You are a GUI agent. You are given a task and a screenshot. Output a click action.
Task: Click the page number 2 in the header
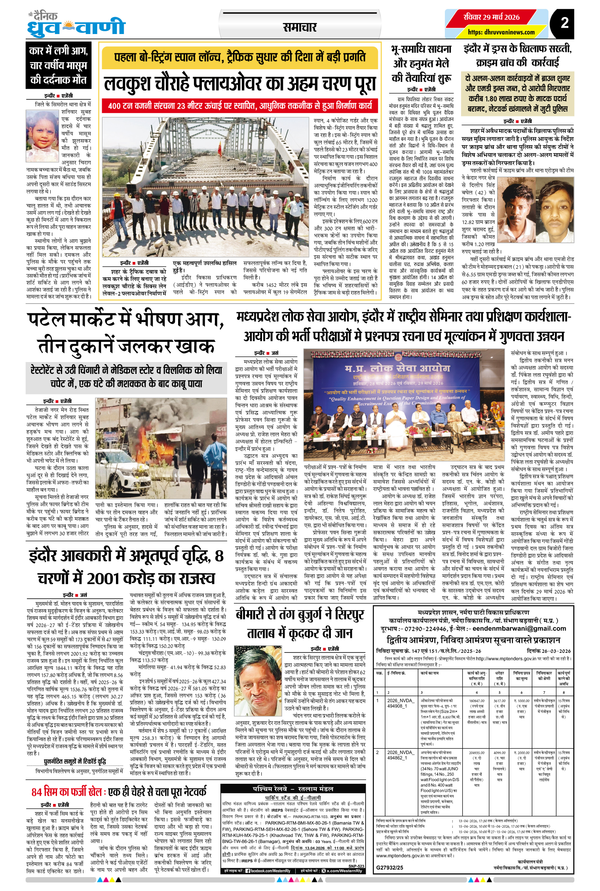(x=564, y=23)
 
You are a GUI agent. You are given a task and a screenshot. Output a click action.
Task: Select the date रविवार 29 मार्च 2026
(x=492, y=17)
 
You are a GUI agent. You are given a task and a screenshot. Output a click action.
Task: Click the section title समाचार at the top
(x=300, y=27)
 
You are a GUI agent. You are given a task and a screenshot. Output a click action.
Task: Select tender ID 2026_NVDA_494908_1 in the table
(x=400, y=703)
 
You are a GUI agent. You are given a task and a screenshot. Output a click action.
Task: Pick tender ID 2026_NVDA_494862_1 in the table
(x=400, y=755)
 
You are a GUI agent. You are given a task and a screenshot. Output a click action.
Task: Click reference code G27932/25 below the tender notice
(x=389, y=867)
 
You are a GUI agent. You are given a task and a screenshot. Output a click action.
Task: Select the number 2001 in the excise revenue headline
(x=102, y=578)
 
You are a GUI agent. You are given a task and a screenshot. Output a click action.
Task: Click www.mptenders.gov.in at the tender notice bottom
(x=400, y=855)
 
